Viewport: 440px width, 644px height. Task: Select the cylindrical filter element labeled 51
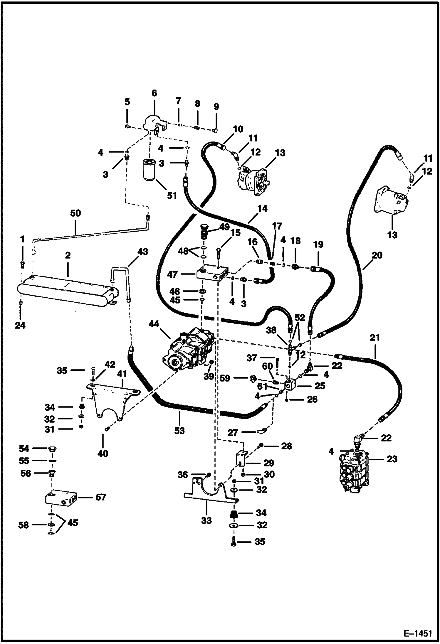coord(150,168)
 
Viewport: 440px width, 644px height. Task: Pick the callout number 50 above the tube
coord(75,213)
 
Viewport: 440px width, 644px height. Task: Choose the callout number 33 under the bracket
coord(206,521)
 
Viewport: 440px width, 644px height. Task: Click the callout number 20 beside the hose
coord(377,255)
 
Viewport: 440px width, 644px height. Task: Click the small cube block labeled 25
coord(291,386)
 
